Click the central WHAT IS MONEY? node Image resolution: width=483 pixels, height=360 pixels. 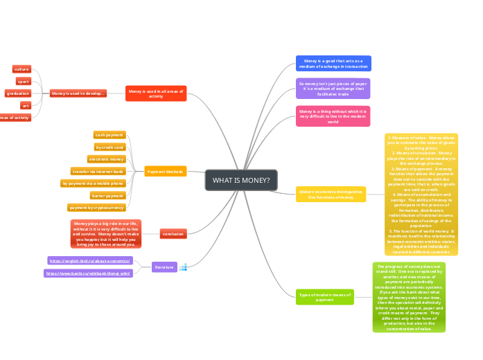coord(241,180)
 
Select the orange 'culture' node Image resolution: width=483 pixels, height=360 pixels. coord(21,69)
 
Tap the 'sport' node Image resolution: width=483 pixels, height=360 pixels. coord(24,81)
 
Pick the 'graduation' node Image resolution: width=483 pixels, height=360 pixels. coord(17,93)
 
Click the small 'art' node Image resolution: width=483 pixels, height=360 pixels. coord(26,105)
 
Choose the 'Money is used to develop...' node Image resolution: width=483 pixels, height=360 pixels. coord(78,93)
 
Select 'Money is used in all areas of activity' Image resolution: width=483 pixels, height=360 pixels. coord(156,93)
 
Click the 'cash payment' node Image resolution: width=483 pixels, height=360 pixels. coord(109,135)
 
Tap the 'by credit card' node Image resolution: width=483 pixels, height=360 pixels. coord(109,147)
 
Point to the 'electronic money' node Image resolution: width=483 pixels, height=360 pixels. coord(106,159)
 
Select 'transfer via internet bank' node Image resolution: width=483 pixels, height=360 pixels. coord(98,171)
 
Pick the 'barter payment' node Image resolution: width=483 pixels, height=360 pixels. coord(108,195)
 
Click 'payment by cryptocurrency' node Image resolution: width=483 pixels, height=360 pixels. coord(97,207)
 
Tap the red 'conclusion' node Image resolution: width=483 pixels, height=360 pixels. coord(173,234)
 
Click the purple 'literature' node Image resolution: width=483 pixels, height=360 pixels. coord(164,267)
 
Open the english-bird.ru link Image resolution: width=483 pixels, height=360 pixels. coord(90,260)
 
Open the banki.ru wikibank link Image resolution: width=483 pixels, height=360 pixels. coord(88,273)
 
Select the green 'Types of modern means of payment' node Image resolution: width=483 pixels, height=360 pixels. coord(325,297)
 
